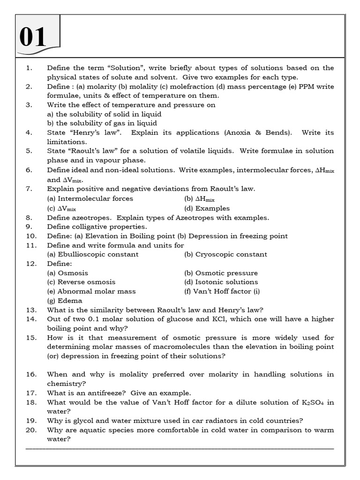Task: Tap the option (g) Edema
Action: [x=65, y=300]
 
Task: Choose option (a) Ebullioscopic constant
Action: [x=93, y=255]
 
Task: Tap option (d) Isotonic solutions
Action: [x=221, y=282]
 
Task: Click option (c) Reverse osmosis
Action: [x=81, y=282]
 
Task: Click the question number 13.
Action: [x=31, y=310]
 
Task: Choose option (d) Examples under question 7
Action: [x=207, y=209]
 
